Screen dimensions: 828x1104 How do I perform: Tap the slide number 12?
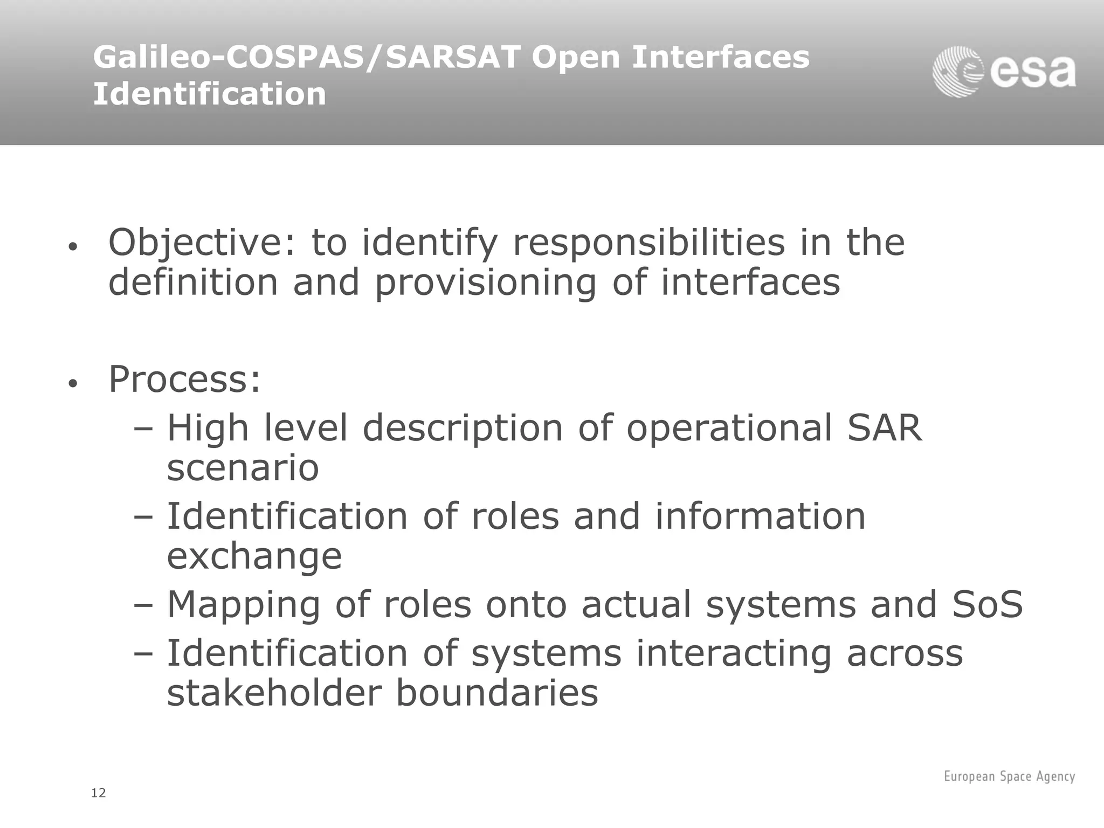pos(99,793)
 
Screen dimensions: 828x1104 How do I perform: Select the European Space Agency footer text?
pos(1009,776)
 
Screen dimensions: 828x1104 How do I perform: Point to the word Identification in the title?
pos(209,94)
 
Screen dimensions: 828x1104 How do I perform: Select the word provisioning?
pos(485,282)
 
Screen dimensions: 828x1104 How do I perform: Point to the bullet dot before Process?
pos(73,384)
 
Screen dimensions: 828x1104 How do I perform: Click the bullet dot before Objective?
pos(73,247)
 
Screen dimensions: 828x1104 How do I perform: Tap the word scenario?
pos(243,468)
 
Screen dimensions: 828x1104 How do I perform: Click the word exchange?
pos(254,556)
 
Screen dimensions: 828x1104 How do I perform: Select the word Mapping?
pos(244,605)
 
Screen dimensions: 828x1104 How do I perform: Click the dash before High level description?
pos(143,429)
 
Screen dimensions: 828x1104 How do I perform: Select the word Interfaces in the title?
pos(720,58)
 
